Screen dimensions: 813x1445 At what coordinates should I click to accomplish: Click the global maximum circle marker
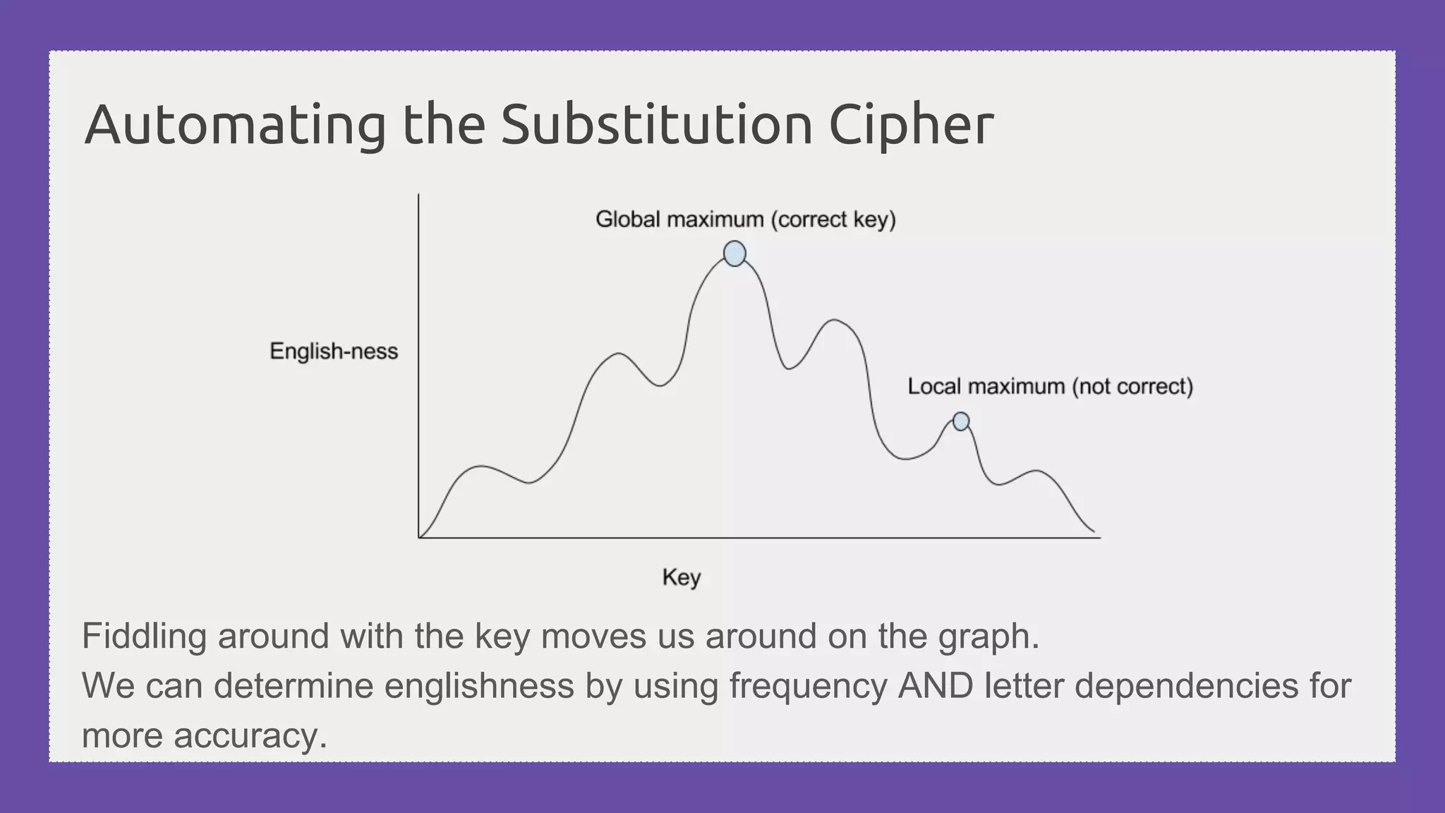coord(734,253)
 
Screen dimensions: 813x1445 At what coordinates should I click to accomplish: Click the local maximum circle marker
coord(961,421)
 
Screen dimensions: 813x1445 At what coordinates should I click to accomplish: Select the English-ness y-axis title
coord(334,351)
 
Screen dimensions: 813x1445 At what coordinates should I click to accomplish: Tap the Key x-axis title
coord(681,577)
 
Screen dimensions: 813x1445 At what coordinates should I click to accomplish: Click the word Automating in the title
coord(235,126)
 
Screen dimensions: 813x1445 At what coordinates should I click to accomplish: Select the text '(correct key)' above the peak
coord(833,219)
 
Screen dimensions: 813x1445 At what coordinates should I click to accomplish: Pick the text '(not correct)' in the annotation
coord(1132,387)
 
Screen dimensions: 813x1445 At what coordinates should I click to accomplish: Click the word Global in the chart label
coord(628,219)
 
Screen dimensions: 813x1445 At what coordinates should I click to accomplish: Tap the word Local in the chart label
coord(935,387)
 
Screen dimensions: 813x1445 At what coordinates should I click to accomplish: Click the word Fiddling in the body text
coord(144,637)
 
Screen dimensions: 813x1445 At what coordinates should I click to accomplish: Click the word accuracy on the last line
coord(250,736)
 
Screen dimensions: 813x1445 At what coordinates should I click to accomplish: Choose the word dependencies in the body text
coord(1186,686)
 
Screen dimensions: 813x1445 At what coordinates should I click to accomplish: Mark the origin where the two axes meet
coord(419,538)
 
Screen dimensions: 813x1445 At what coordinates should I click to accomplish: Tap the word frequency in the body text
coord(808,686)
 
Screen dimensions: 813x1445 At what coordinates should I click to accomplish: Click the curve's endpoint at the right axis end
coord(1094,531)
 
